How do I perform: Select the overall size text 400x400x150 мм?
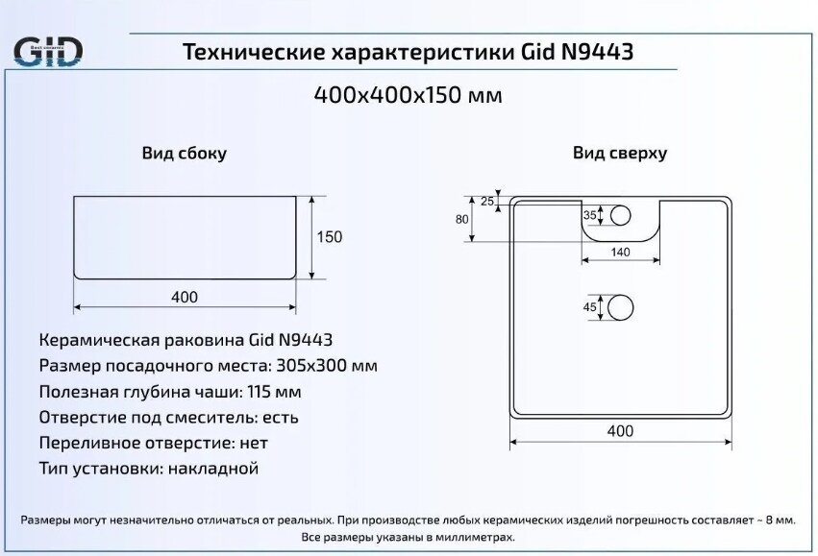coord(409,96)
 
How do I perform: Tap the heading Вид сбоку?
coord(185,154)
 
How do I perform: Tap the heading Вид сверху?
coord(620,154)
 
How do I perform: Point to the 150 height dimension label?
coord(330,237)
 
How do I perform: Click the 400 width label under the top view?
coord(621,431)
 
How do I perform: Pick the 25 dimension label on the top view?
coord(487,202)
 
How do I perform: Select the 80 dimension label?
coord(462,219)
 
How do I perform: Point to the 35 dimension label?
coord(590,215)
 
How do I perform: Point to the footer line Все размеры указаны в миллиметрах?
coord(409,537)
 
